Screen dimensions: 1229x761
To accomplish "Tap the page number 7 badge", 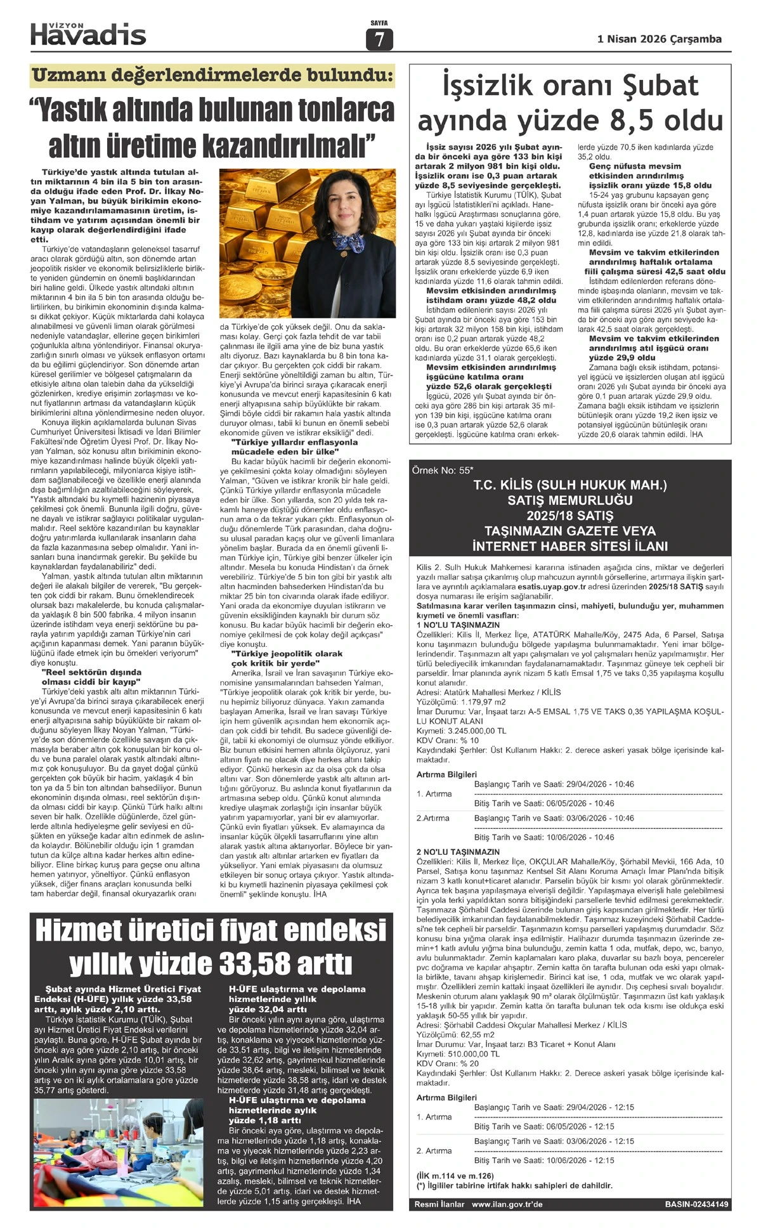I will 379,40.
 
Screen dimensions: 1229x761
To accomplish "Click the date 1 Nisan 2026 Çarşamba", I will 660,39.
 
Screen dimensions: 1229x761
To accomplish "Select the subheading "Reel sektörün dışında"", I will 91,672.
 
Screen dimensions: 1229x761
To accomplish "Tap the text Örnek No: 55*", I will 443,470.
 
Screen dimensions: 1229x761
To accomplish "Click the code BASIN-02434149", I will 696,1204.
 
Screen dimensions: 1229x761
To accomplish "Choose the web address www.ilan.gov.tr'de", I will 507,1204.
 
